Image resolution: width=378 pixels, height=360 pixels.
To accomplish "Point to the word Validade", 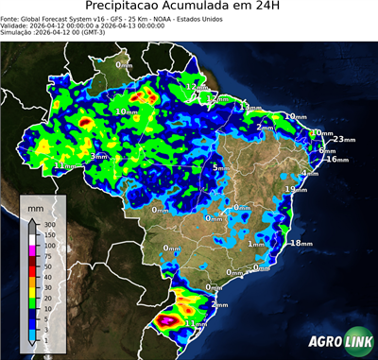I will (x=18, y=25).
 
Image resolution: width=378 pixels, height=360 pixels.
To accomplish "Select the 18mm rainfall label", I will (x=301, y=243).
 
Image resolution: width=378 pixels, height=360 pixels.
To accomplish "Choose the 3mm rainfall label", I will (x=99, y=156).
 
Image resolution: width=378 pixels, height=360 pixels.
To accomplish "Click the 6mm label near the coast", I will (x=327, y=150).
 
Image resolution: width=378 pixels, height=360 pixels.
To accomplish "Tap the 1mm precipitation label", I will (x=256, y=245).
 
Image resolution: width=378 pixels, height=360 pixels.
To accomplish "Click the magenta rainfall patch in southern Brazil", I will (x=170, y=320).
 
